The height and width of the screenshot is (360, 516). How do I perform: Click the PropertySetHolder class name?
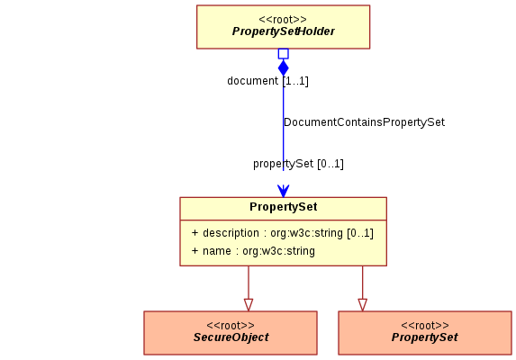click(284, 31)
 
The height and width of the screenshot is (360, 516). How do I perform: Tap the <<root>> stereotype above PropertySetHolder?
click(283, 20)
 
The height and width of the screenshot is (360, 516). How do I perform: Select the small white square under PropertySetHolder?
click(284, 54)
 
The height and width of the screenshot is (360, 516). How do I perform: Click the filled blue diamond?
click(284, 67)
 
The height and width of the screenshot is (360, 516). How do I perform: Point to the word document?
click(253, 80)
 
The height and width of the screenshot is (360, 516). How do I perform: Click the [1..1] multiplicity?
click(295, 81)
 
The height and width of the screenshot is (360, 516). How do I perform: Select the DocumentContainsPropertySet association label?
click(364, 122)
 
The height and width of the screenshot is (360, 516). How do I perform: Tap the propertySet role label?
click(283, 164)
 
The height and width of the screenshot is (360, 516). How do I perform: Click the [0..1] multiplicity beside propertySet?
click(330, 164)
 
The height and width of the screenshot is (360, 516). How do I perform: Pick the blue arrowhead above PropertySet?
click(284, 191)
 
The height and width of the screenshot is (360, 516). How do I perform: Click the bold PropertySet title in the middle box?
click(284, 207)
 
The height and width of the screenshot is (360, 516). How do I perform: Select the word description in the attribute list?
click(231, 233)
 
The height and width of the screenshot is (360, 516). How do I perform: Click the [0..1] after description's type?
click(360, 233)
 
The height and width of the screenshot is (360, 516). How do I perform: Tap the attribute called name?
click(216, 251)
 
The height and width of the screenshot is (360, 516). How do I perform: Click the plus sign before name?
click(195, 251)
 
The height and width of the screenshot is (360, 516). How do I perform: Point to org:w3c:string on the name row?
click(278, 251)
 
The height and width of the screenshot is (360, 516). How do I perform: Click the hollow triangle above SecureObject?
click(249, 305)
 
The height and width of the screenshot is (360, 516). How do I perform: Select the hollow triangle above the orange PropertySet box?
click(363, 305)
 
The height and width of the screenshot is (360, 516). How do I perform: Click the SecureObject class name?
click(231, 337)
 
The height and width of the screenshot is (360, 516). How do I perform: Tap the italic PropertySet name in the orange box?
click(424, 337)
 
